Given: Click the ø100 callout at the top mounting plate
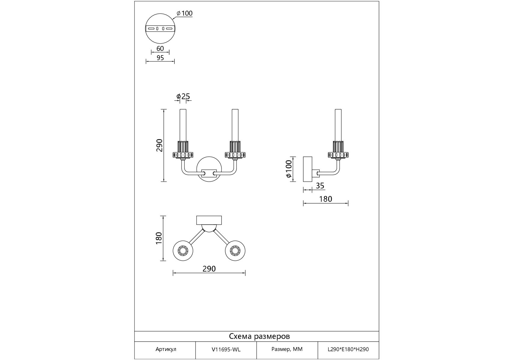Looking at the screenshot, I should [185, 13].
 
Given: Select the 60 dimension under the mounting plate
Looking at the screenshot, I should [160, 48].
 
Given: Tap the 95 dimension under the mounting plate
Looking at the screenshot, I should [160, 58].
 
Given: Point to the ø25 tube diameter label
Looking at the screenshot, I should [183, 96].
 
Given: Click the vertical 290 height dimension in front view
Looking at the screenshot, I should [159, 145].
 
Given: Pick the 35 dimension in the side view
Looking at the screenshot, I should [320, 186].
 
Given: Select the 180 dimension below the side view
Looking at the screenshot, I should [326, 199].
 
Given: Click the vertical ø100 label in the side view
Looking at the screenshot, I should [288, 169].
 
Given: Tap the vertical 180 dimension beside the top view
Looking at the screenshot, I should [159, 238].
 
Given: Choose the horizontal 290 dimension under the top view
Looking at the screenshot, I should [209, 269].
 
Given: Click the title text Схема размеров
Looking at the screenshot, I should [259, 336].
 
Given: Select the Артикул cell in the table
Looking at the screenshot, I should [166, 349].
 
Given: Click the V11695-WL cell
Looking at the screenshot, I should [226, 349].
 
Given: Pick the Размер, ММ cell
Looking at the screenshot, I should [287, 349].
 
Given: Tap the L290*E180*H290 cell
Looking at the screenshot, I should [348, 349].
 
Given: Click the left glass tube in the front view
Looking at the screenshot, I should [183, 125].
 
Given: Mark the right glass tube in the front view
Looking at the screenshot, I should [235, 125].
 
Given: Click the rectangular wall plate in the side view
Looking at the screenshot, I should [308, 169].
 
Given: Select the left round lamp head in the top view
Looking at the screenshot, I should [183, 250].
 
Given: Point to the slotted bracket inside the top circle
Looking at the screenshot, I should [160, 28].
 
